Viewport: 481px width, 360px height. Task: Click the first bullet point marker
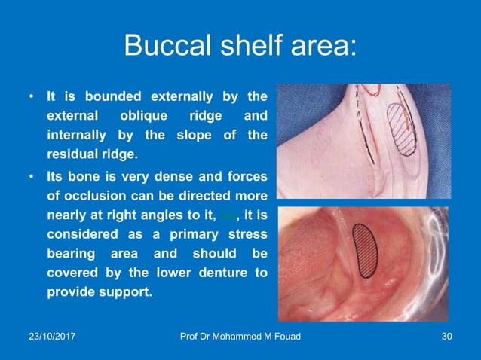[31, 97]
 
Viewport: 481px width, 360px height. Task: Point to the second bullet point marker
[31, 175]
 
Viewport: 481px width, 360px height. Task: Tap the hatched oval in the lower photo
[366, 249]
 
